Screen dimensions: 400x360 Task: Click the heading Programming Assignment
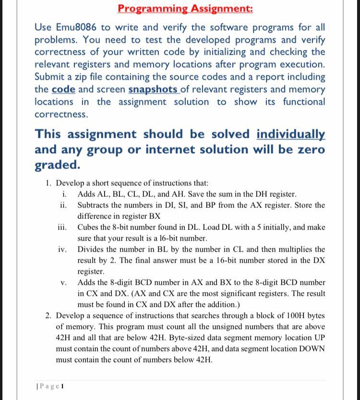click(185, 8)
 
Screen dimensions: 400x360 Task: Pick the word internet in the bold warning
click(182, 149)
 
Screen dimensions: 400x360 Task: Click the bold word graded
click(57, 165)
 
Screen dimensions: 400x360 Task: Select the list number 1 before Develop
click(48, 183)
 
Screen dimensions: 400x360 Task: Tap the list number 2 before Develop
click(48, 315)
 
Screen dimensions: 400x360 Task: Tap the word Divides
click(92, 249)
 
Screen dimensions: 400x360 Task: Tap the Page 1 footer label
click(50, 386)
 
